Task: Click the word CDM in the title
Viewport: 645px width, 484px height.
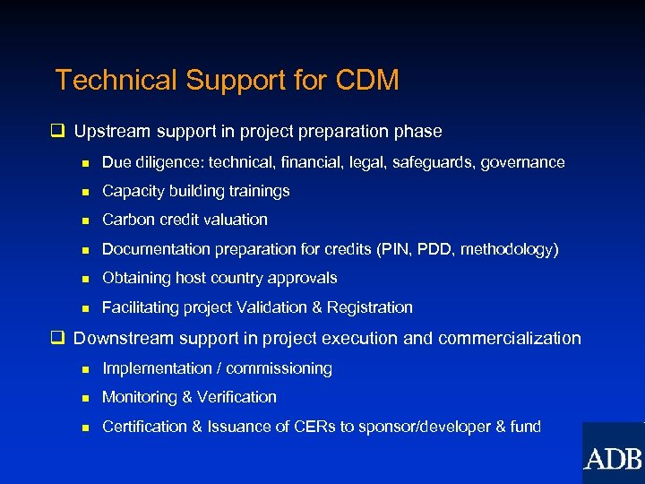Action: click(367, 81)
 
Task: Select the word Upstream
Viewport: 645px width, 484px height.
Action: click(112, 132)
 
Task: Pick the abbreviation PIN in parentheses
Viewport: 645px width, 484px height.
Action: click(394, 249)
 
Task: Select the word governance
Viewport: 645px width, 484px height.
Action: click(523, 162)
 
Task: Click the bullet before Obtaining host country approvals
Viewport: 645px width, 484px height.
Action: click(84, 279)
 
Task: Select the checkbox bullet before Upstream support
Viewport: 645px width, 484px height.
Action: click(59, 132)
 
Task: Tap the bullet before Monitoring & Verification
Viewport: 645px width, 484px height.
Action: click(84, 398)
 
